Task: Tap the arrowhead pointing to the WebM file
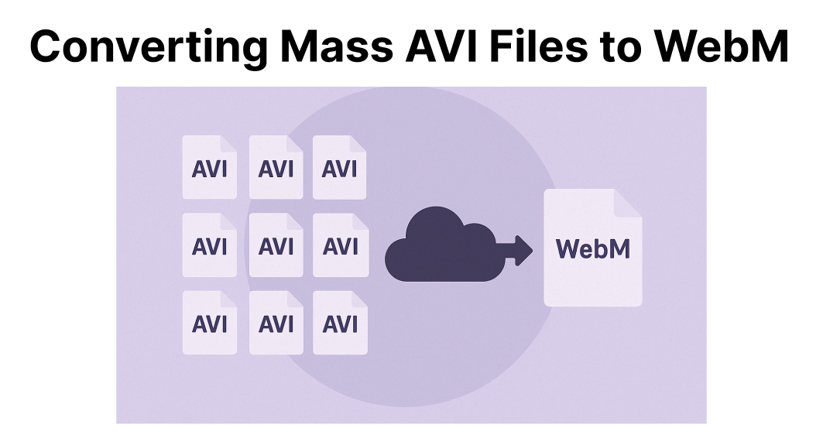(524, 249)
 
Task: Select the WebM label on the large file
(593, 249)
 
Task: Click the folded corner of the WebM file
(628, 203)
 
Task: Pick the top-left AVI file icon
(209, 168)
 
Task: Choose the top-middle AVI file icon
(276, 168)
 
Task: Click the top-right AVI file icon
(340, 168)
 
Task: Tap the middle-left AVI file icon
(209, 245)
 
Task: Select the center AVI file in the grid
(276, 245)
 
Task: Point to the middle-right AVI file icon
(340, 245)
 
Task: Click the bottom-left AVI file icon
(209, 323)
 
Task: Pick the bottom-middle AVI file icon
(276, 323)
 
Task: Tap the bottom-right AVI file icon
(340, 323)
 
